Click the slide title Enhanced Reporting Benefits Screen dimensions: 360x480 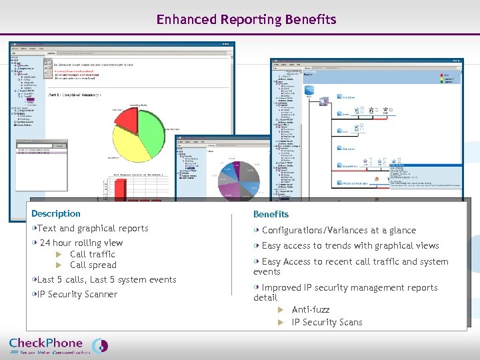pyautogui.click(x=246, y=19)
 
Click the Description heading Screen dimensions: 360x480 pyautogui.click(x=55, y=213)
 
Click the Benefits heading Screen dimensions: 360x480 pyautogui.click(x=271, y=214)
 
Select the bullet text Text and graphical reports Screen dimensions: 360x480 pyautogui.click(x=93, y=228)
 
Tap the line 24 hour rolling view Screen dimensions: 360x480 pyautogui.click(x=81, y=243)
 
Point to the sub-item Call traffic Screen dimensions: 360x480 pyautogui.click(x=92, y=254)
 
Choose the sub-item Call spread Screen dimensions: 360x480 pyautogui.click(x=93, y=265)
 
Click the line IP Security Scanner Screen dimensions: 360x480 pyautogui.click(x=77, y=294)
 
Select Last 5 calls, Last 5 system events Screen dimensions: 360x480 pyautogui.click(x=107, y=279)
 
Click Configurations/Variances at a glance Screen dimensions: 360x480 pyautogui.click(x=339, y=230)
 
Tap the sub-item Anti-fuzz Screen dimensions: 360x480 pyautogui.click(x=311, y=309)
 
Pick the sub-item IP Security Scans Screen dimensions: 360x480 pyautogui.click(x=327, y=322)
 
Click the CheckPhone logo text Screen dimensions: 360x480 pyautogui.click(x=45, y=343)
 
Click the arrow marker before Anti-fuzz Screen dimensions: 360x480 pyautogui.click(x=281, y=309)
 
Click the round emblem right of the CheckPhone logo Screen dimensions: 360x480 pyautogui.click(x=99, y=345)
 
